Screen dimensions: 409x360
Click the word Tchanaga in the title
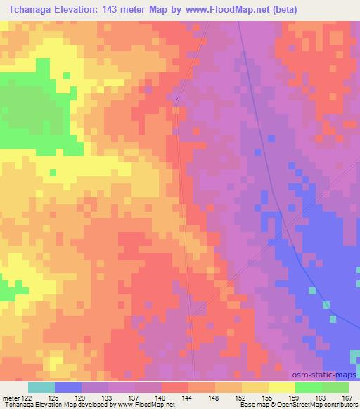pyautogui.click(x=34, y=9)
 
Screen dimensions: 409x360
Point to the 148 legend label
pyautogui.click(x=214, y=397)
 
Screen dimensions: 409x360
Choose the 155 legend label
pyautogui.click(x=266, y=397)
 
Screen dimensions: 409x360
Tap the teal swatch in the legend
pyautogui.click(x=41, y=387)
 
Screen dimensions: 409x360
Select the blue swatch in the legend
pyautogui.click(x=68, y=387)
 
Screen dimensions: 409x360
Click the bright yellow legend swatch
pyautogui.click(x=282, y=387)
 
